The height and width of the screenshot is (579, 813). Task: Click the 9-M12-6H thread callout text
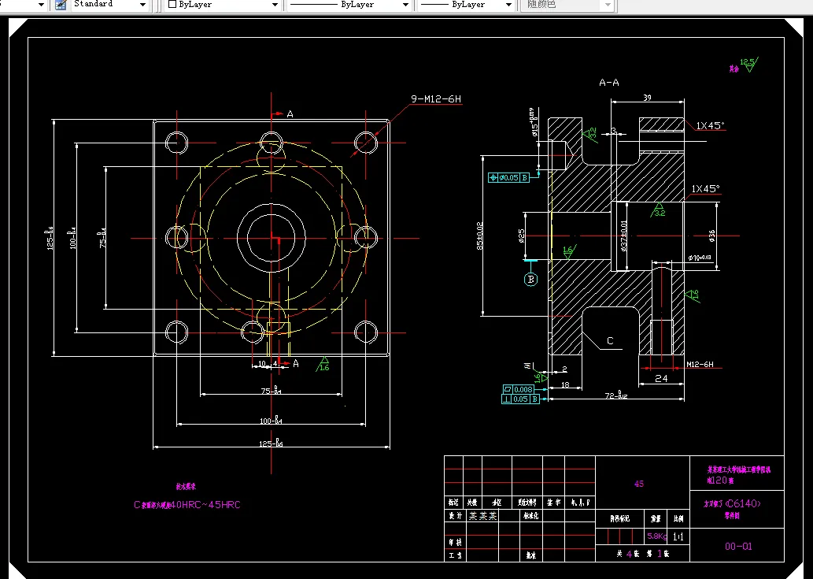click(435, 99)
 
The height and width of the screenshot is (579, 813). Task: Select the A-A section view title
click(608, 82)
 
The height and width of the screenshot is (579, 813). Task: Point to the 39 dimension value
click(647, 98)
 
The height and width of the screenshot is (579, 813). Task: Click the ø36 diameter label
click(711, 235)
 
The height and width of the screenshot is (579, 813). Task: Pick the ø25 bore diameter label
click(522, 236)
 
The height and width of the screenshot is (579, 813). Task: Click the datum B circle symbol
click(530, 279)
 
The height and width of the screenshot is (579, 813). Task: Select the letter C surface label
click(609, 341)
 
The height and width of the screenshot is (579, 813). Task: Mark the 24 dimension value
click(661, 379)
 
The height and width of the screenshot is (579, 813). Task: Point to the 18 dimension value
click(565, 384)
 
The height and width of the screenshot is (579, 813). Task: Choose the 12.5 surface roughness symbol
click(748, 62)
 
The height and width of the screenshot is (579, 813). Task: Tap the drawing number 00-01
click(738, 546)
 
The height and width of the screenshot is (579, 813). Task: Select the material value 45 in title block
click(638, 484)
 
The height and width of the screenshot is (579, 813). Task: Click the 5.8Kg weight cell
click(656, 536)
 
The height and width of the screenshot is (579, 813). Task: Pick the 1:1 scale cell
click(678, 536)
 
